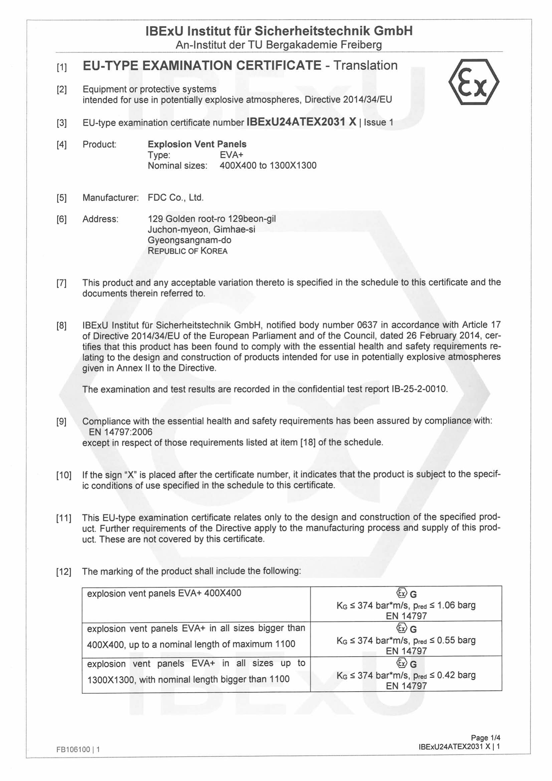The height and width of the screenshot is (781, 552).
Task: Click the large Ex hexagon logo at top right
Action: (x=474, y=82)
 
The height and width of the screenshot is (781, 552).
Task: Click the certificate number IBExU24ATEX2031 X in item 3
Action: (x=301, y=122)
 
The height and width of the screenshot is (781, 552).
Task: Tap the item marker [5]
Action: (x=61, y=198)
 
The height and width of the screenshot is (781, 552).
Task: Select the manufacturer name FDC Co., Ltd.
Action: (x=176, y=198)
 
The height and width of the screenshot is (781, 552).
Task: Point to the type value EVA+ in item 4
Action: (x=231, y=155)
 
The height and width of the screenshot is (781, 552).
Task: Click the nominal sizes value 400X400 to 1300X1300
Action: (x=268, y=166)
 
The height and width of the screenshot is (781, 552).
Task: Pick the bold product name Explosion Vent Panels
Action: (x=197, y=144)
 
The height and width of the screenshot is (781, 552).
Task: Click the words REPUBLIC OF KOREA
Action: (x=187, y=251)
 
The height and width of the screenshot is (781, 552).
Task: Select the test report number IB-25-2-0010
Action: (x=419, y=389)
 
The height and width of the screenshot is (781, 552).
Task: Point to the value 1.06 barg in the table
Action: (x=456, y=605)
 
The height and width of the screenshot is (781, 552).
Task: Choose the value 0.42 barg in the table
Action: (x=456, y=675)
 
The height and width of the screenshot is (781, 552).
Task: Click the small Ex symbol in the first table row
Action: (x=401, y=594)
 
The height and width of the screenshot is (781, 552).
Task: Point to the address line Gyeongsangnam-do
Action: (x=189, y=240)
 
